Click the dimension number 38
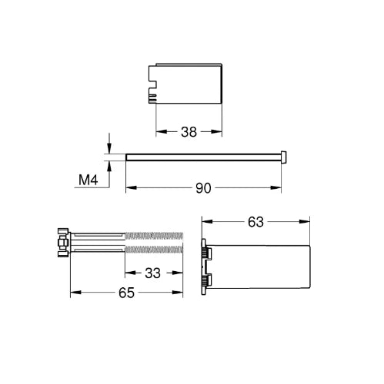[189, 132]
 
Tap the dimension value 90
[203, 188]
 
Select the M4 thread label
[88, 180]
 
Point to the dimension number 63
[255, 222]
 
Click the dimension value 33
[153, 273]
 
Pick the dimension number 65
[126, 293]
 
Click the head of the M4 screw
[284, 157]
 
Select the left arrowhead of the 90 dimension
[131, 188]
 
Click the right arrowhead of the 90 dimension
[276, 188]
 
